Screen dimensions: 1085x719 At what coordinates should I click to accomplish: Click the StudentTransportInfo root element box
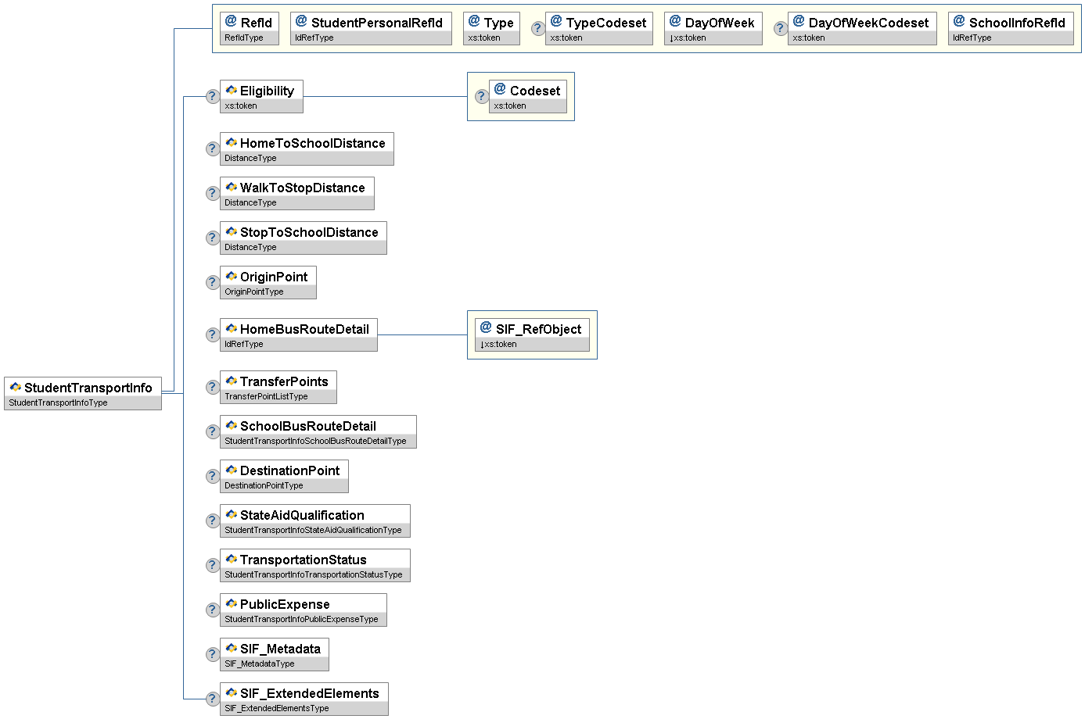coord(83,393)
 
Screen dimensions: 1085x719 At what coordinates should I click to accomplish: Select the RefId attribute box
coord(250,29)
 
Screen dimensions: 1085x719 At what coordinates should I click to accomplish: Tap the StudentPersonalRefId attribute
coord(371,29)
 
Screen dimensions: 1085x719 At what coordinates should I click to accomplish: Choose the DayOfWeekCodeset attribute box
coord(862,29)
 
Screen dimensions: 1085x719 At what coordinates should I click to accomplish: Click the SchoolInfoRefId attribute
coord(1011,29)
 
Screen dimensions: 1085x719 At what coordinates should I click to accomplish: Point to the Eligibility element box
coord(261,97)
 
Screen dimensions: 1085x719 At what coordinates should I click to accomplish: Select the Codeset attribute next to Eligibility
coord(528,97)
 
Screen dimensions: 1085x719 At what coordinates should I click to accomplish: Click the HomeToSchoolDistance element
coord(307,149)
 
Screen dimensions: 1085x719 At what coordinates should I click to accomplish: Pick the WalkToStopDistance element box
coord(297,194)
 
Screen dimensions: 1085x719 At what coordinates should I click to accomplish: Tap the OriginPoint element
coord(268,283)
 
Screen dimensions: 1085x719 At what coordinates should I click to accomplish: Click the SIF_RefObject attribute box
coord(532,334)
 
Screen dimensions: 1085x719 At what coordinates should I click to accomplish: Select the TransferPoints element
coord(278,387)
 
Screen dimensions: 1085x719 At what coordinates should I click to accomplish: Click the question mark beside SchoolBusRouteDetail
coord(212,431)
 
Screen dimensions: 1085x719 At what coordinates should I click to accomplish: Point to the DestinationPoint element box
coord(284,476)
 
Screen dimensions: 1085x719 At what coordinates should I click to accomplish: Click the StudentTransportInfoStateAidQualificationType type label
coord(313,531)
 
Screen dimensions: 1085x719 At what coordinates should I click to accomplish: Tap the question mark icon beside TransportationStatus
coord(212,565)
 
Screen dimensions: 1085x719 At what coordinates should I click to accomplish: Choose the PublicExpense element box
coord(304,610)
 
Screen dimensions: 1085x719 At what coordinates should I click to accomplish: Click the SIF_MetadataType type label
coord(260,664)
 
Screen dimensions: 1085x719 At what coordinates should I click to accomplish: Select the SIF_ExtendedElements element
coord(304,699)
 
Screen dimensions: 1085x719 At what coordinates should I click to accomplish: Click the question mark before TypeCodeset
coord(537,29)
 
